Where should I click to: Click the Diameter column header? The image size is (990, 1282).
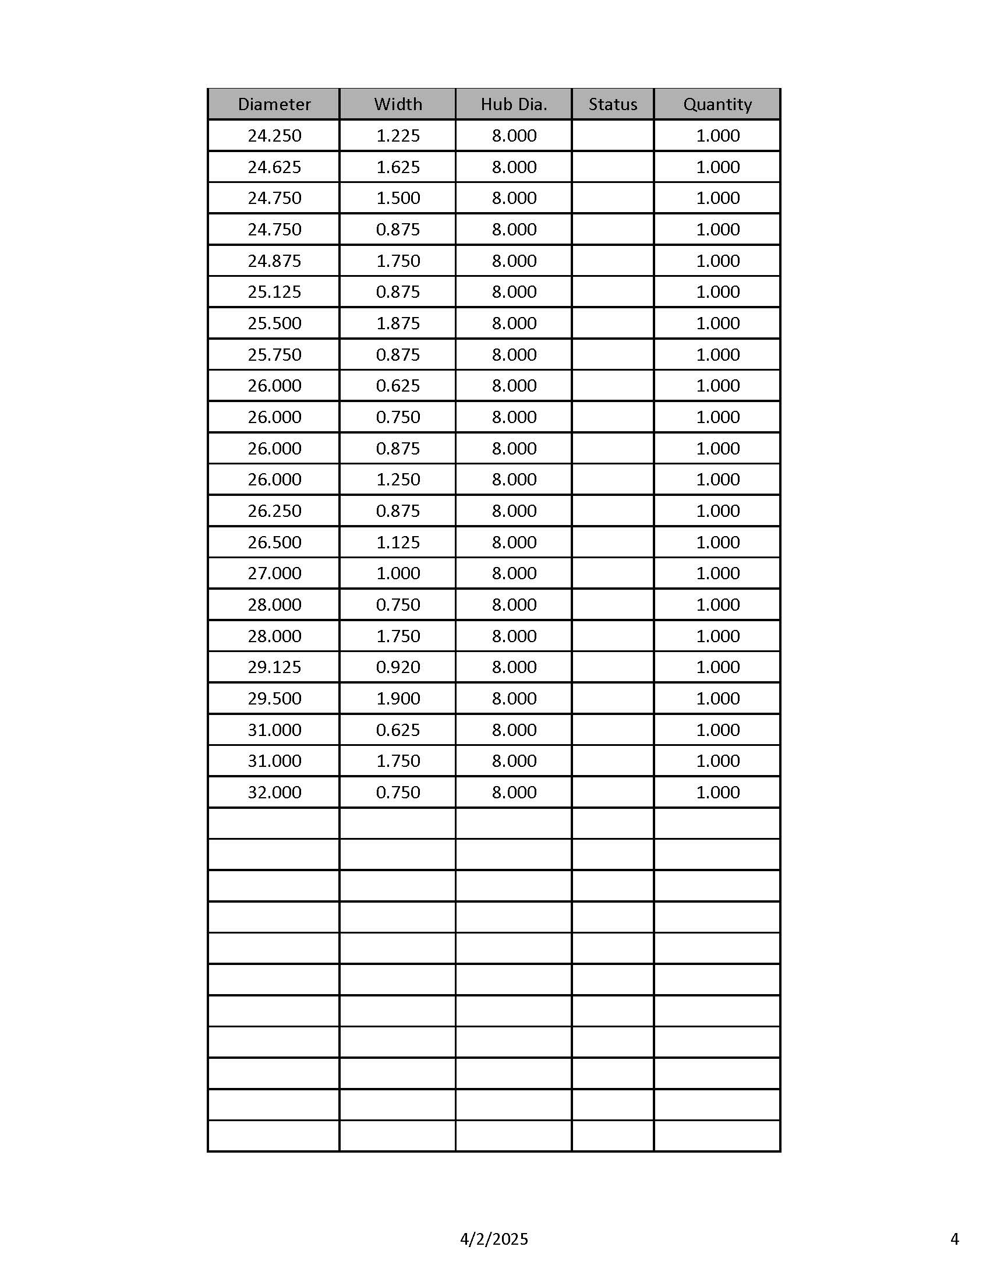click(274, 104)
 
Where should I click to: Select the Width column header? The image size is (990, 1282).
click(398, 104)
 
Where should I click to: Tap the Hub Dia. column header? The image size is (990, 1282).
click(514, 104)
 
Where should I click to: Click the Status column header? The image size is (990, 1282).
click(613, 104)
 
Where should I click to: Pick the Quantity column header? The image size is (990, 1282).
click(717, 104)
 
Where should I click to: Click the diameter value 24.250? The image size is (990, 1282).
click(274, 136)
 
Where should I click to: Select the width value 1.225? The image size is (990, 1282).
click(398, 136)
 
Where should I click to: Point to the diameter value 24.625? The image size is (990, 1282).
click(274, 167)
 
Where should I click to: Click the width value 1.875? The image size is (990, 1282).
click(398, 323)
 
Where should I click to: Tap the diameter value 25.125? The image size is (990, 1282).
click(274, 292)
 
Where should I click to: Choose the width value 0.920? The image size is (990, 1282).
click(398, 667)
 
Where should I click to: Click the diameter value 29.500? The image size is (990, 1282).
click(274, 699)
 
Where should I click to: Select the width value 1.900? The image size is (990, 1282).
click(398, 699)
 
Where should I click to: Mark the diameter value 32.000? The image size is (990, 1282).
click(274, 793)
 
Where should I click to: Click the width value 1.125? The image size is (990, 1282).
click(398, 542)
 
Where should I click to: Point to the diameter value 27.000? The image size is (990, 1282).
click(274, 573)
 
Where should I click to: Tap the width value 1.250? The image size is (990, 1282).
click(398, 480)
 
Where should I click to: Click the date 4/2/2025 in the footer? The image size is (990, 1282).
click(494, 1239)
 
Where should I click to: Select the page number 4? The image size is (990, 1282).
click(954, 1239)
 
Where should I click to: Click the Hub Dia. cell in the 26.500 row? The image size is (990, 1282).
click(514, 542)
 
